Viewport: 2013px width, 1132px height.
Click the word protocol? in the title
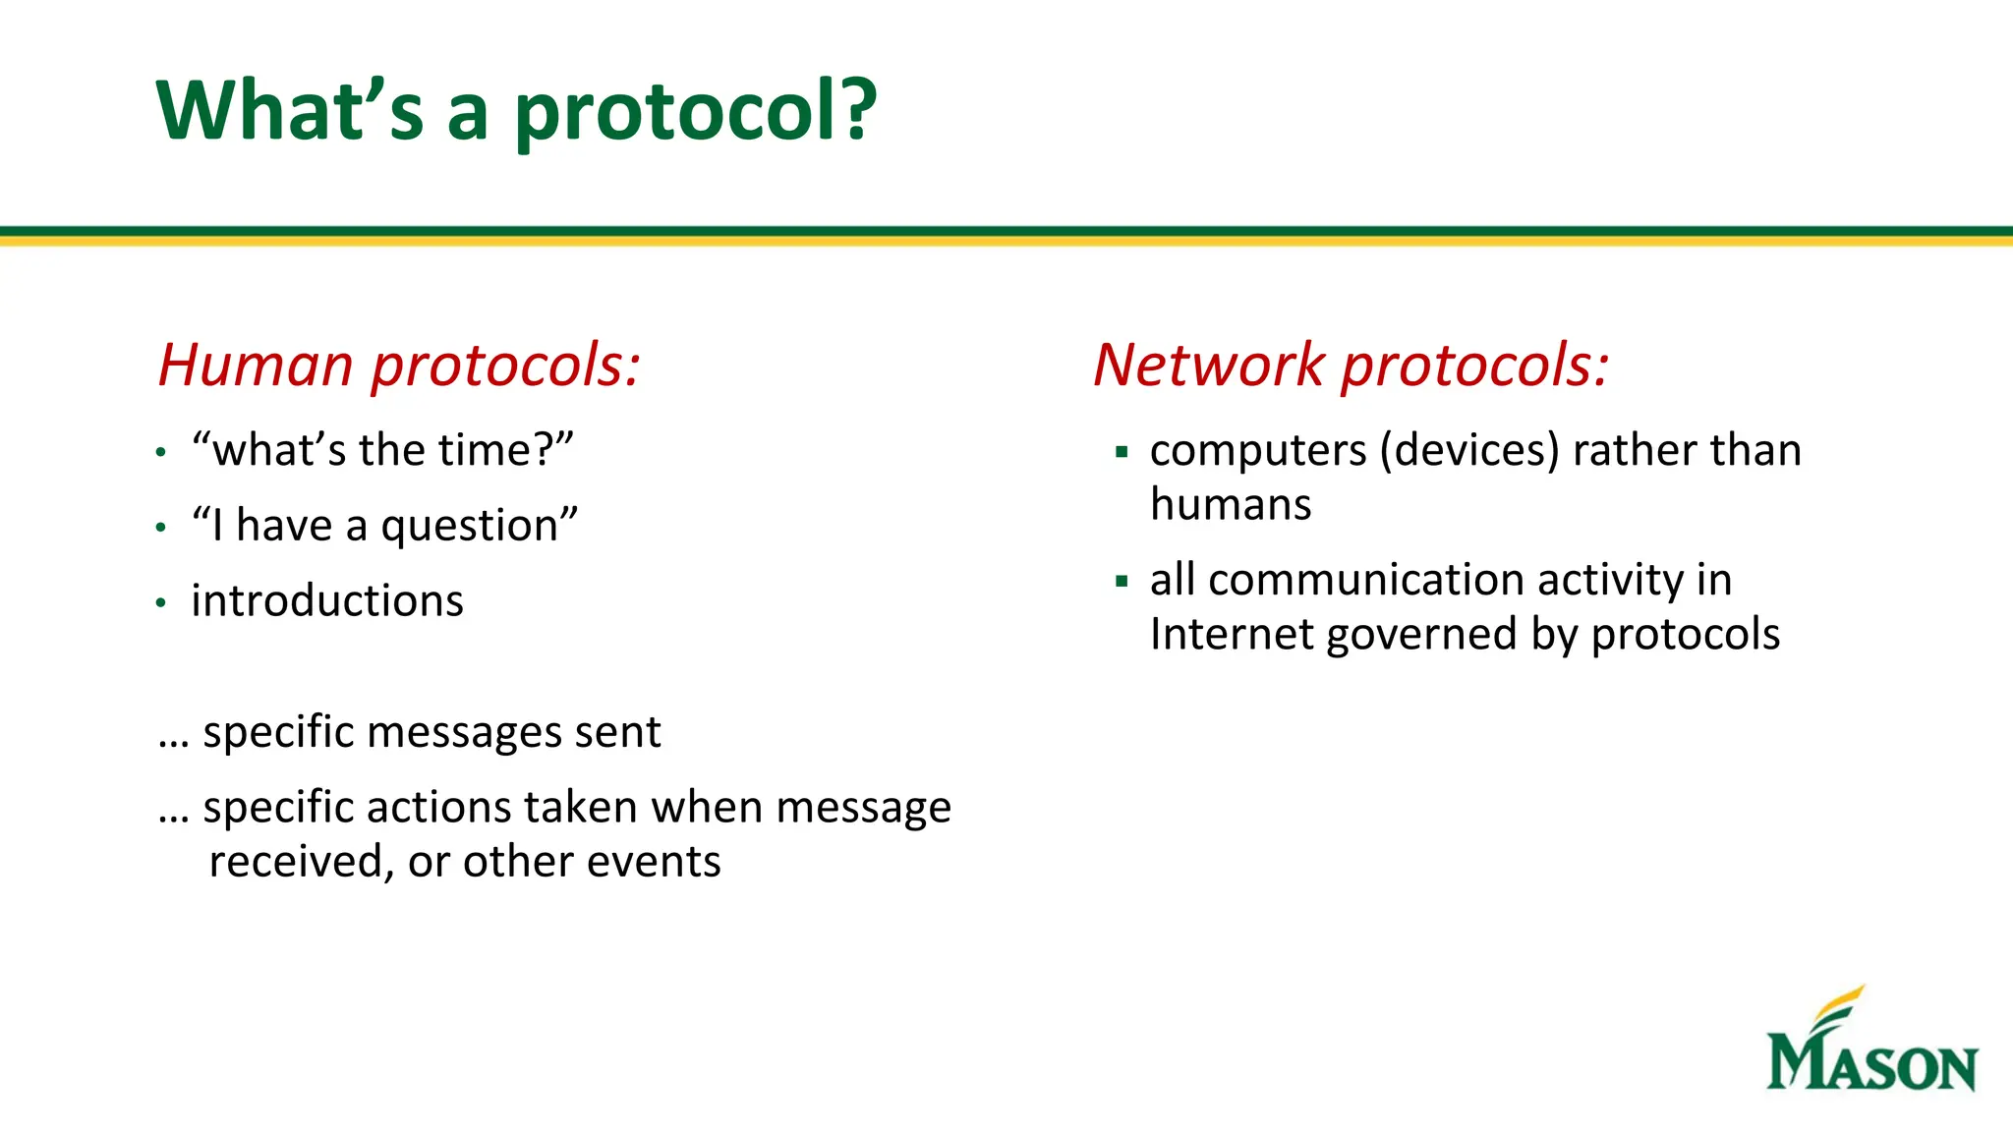point(695,111)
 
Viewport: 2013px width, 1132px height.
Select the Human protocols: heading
point(399,365)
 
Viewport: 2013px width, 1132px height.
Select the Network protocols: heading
point(1351,365)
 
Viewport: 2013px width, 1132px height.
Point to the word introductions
point(327,600)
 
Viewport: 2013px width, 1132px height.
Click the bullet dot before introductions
point(161,603)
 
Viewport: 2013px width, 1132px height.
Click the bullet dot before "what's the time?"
point(161,453)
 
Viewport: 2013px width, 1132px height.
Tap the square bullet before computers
point(1122,452)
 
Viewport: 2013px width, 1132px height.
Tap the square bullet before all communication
point(1122,582)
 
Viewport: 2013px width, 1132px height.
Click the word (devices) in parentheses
point(1469,450)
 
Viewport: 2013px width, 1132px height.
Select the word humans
point(1231,504)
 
